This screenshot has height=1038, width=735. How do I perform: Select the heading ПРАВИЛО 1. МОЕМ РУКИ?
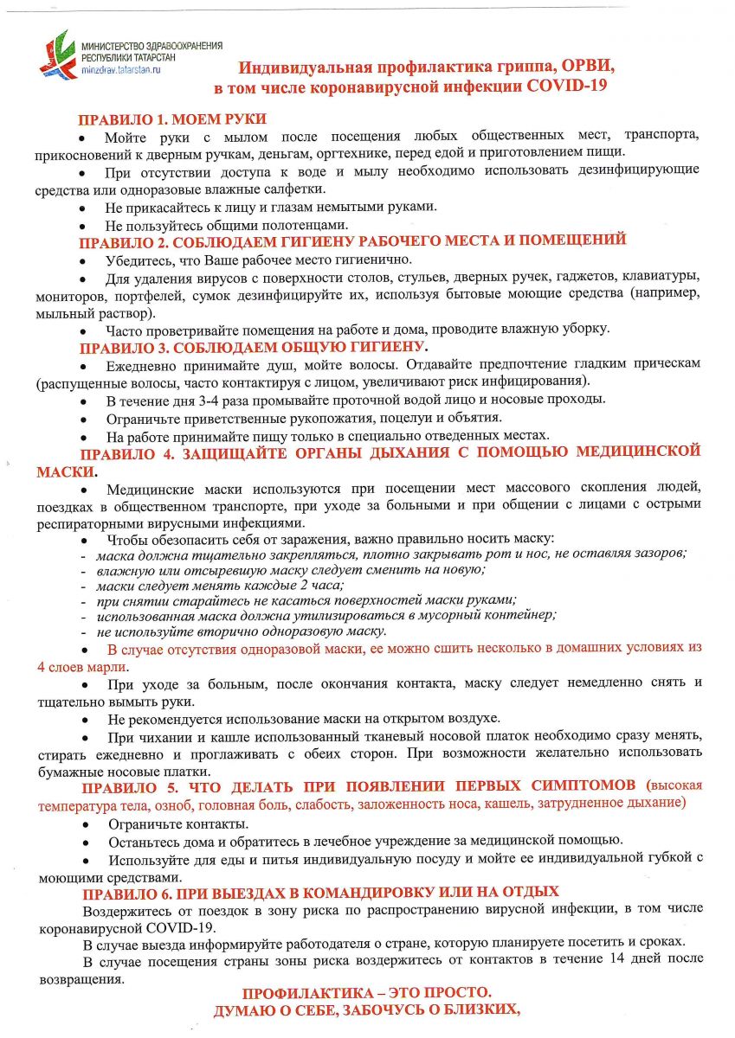pos(172,120)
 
